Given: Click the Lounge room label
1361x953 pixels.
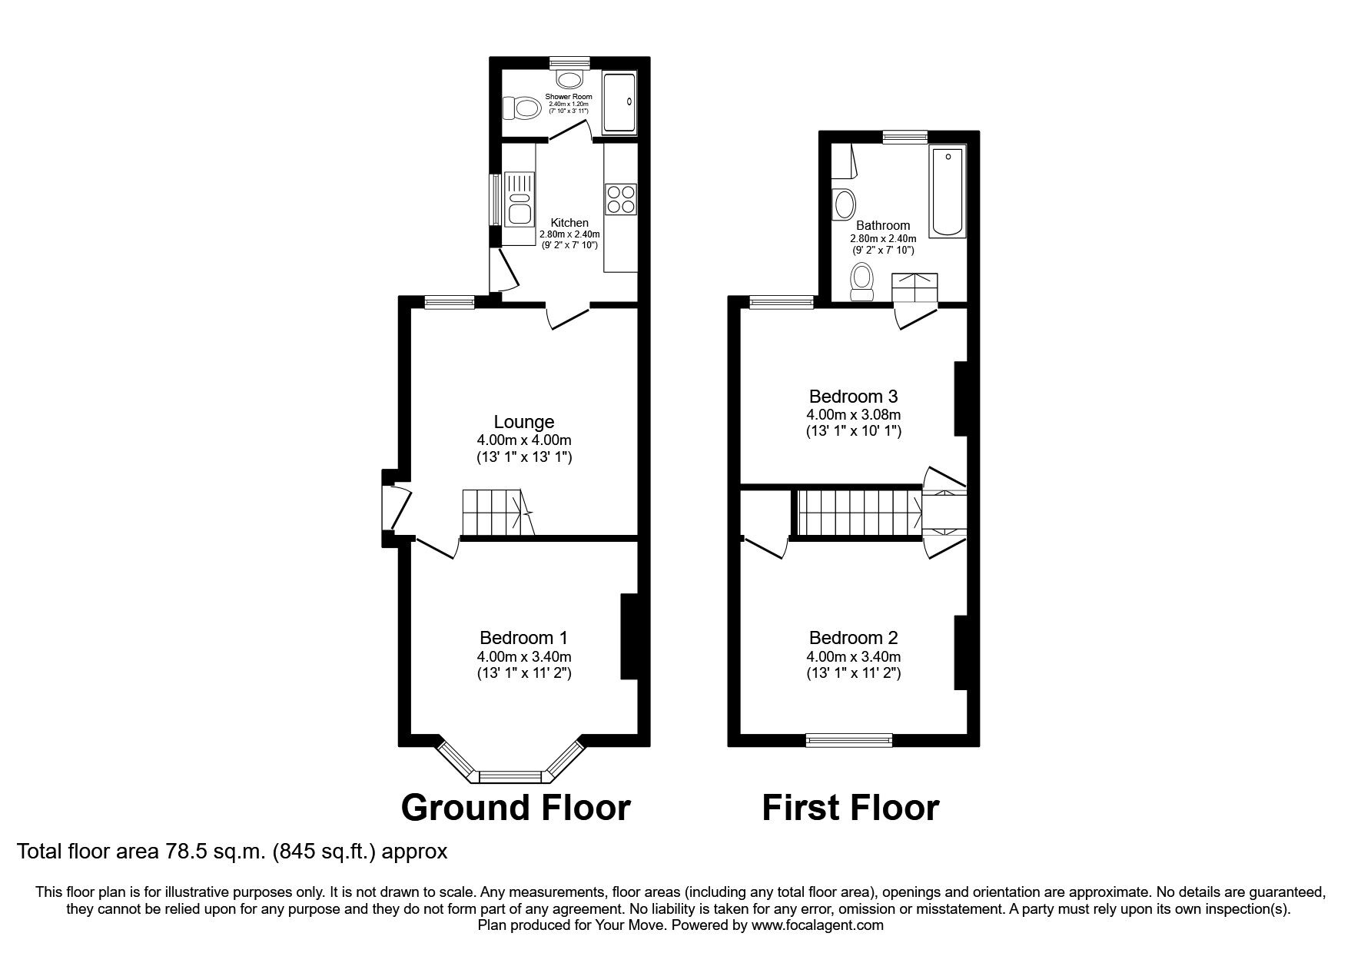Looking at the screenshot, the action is [x=524, y=422].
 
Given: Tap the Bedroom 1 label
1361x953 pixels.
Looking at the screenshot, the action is [x=524, y=638].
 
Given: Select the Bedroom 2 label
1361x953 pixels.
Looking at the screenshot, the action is [x=854, y=638].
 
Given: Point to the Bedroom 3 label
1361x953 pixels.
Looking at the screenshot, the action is [x=854, y=397].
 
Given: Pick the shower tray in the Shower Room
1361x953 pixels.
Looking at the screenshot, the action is [x=619, y=103].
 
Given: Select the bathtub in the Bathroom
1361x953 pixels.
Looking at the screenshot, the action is [x=948, y=192].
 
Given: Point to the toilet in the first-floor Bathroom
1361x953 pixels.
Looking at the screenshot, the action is [x=861, y=282].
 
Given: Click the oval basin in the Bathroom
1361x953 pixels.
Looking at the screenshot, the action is [x=845, y=204].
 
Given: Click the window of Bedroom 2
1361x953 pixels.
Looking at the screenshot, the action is [x=849, y=740].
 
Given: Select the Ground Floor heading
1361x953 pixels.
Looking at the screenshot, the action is [x=516, y=808].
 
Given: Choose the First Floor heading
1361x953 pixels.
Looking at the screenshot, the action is [x=851, y=808].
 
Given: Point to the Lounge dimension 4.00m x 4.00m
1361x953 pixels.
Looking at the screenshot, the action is [x=524, y=440].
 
